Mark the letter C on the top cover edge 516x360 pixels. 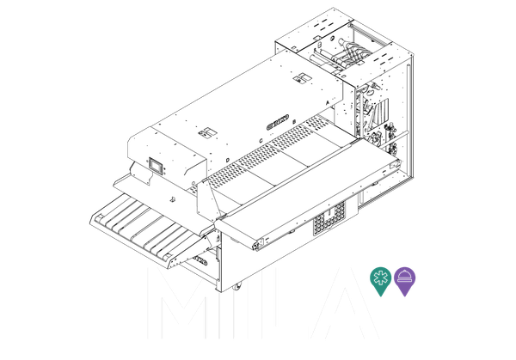(260, 140)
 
